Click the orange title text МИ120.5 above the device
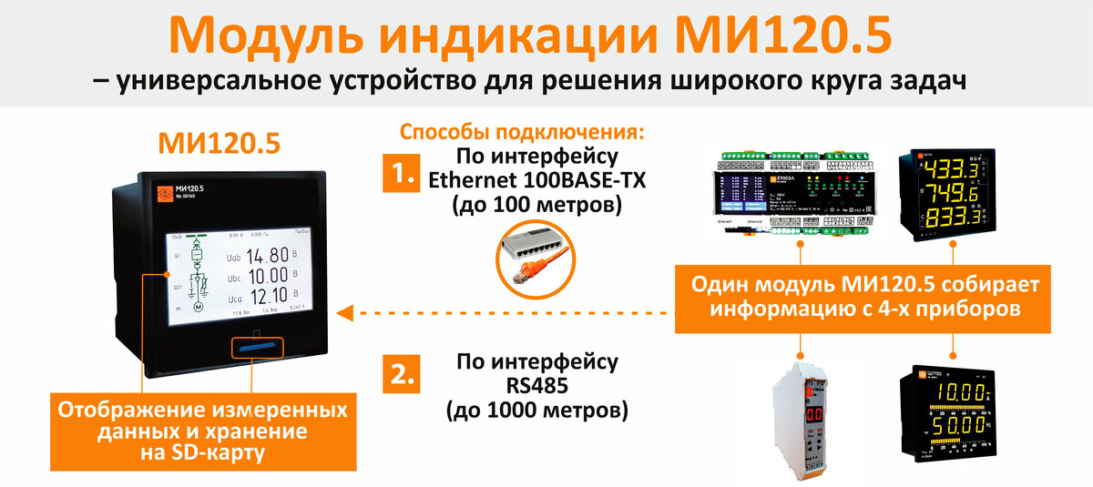pyautogui.click(x=219, y=143)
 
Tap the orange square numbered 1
pyautogui.click(x=401, y=173)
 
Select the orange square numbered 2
pyautogui.click(x=401, y=374)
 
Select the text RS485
pyautogui.click(x=536, y=385)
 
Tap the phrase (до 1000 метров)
pyautogui.click(x=536, y=410)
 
